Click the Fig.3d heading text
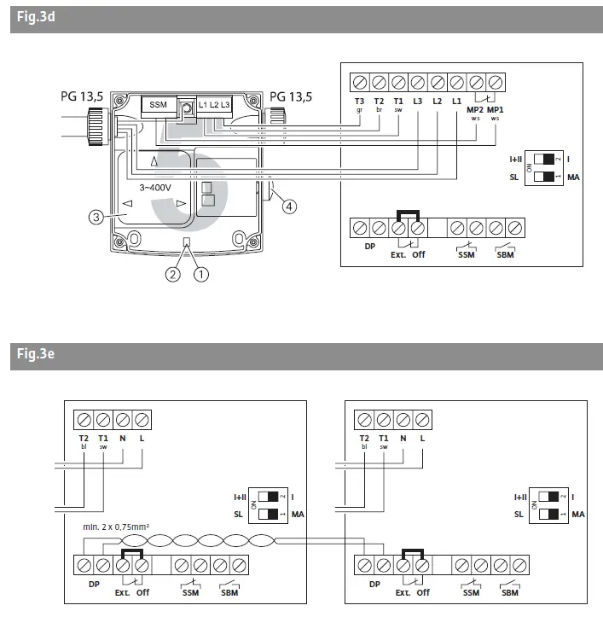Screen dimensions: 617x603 36,18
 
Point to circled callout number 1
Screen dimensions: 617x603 202,275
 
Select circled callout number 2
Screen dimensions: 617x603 173,275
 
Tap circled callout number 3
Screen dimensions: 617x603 96,217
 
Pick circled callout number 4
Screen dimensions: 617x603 288,206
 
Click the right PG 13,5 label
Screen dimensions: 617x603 291,96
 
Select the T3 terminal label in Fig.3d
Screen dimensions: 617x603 359,102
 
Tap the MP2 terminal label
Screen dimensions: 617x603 474,110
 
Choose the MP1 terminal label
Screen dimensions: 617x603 496,110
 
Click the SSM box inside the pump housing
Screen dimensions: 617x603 159,105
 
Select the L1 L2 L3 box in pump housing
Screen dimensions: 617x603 214,105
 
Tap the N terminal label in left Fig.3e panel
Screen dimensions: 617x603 123,439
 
